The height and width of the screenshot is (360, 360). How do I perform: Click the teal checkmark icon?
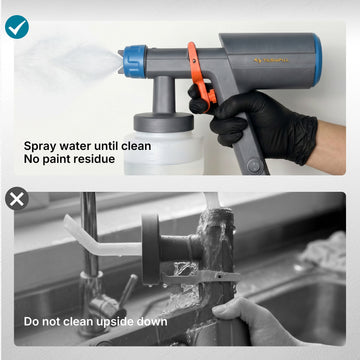click(17, 27)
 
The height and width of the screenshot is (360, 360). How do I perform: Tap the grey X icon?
click(17, 199)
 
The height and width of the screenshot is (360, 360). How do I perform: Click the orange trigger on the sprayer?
click(200, 75)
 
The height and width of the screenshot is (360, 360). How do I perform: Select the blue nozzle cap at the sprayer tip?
click(135, 61)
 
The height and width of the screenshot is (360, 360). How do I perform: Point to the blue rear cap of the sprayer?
click(317, 59)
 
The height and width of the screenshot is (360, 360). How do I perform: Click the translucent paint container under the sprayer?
click(163, 152)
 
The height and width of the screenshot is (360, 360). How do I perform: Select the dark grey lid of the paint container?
click(164, 122)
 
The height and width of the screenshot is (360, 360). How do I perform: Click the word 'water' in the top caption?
click(74, 146)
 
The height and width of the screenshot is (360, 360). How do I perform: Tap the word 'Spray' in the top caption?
click(39, 146)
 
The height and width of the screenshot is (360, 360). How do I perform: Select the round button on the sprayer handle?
click(255, 165)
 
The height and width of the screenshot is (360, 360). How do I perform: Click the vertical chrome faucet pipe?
click(90, 232)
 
